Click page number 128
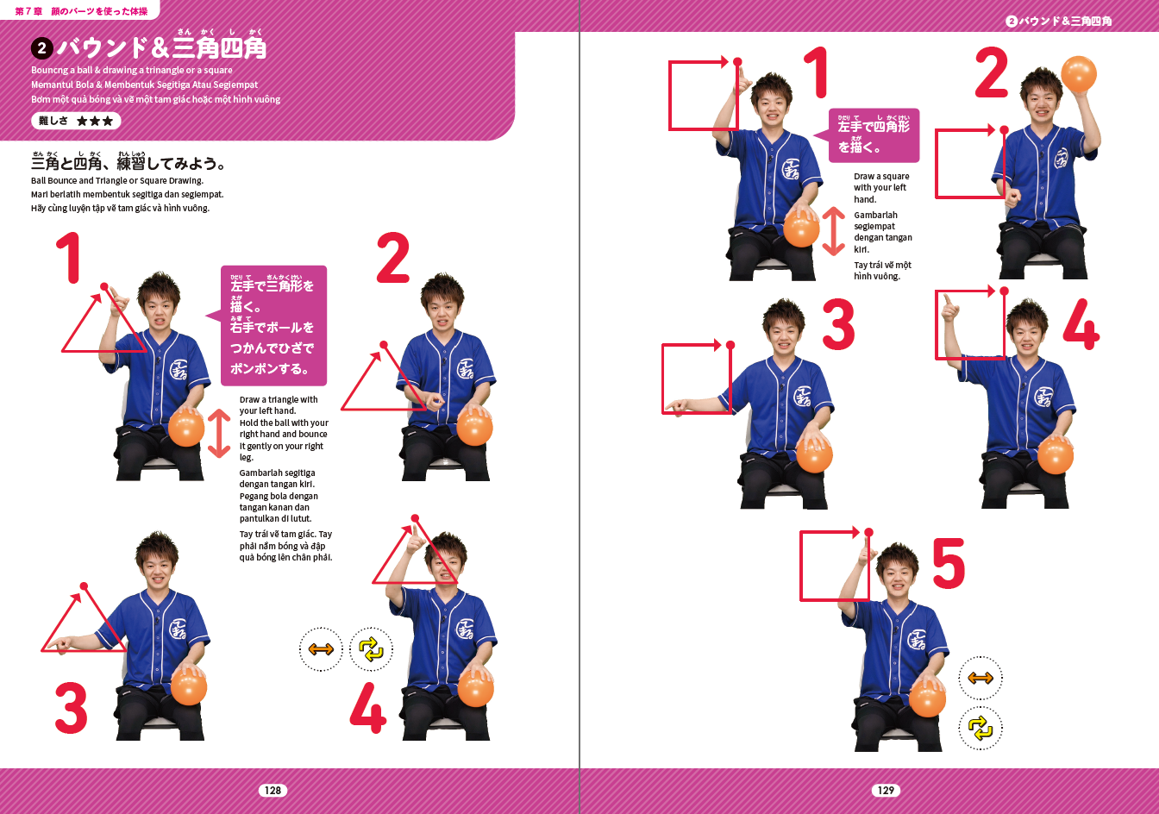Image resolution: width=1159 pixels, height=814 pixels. pyautogui.click(x=273, y=790)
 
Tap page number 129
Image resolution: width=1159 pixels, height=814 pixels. pyautogui.click(x=886, y=790)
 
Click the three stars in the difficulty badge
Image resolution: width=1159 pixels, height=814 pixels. pyautogui.click(x=95, y=121)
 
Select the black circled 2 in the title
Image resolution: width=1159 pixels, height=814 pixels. pyautogui.click(x=42, y=48)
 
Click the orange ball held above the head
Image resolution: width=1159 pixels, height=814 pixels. pyautogui.click(x=1079, y=74)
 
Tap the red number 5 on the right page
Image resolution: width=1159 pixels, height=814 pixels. pyautogui.click(x=949, y=563)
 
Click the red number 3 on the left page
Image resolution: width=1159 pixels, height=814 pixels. pyautogui.click(x=71, y=707)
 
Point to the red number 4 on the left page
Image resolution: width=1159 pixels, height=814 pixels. pyautogui.click(x=368, y=707)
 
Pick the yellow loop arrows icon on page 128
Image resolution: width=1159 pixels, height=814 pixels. pyautogui.click(x=371, y=649)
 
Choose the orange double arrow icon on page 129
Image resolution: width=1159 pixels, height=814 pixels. pyautogui.click(x=980, y=678)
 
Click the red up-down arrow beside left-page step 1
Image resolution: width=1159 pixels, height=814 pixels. pyautogui.click(x=219, y=434)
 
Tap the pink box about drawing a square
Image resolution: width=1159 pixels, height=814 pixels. pyautogui.click(x=874, y=135)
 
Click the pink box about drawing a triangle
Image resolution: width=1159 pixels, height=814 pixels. pyautogui.click(x=273, y=325)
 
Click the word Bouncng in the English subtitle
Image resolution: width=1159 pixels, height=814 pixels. pyautogui.click(x=49, y=71)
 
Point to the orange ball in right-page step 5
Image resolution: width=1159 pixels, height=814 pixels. pyautogui.click(x=927, y=698)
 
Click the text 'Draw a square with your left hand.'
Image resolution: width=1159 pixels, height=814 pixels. pyautogui.click(x=881, y=188)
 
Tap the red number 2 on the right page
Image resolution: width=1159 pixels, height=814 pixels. pyautogui.click(x=991, y=72)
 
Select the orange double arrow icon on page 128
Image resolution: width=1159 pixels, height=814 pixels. pyautogui.click(x=321, y=649)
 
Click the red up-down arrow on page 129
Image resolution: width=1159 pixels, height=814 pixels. pyautogui.click(x=834, y=231)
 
